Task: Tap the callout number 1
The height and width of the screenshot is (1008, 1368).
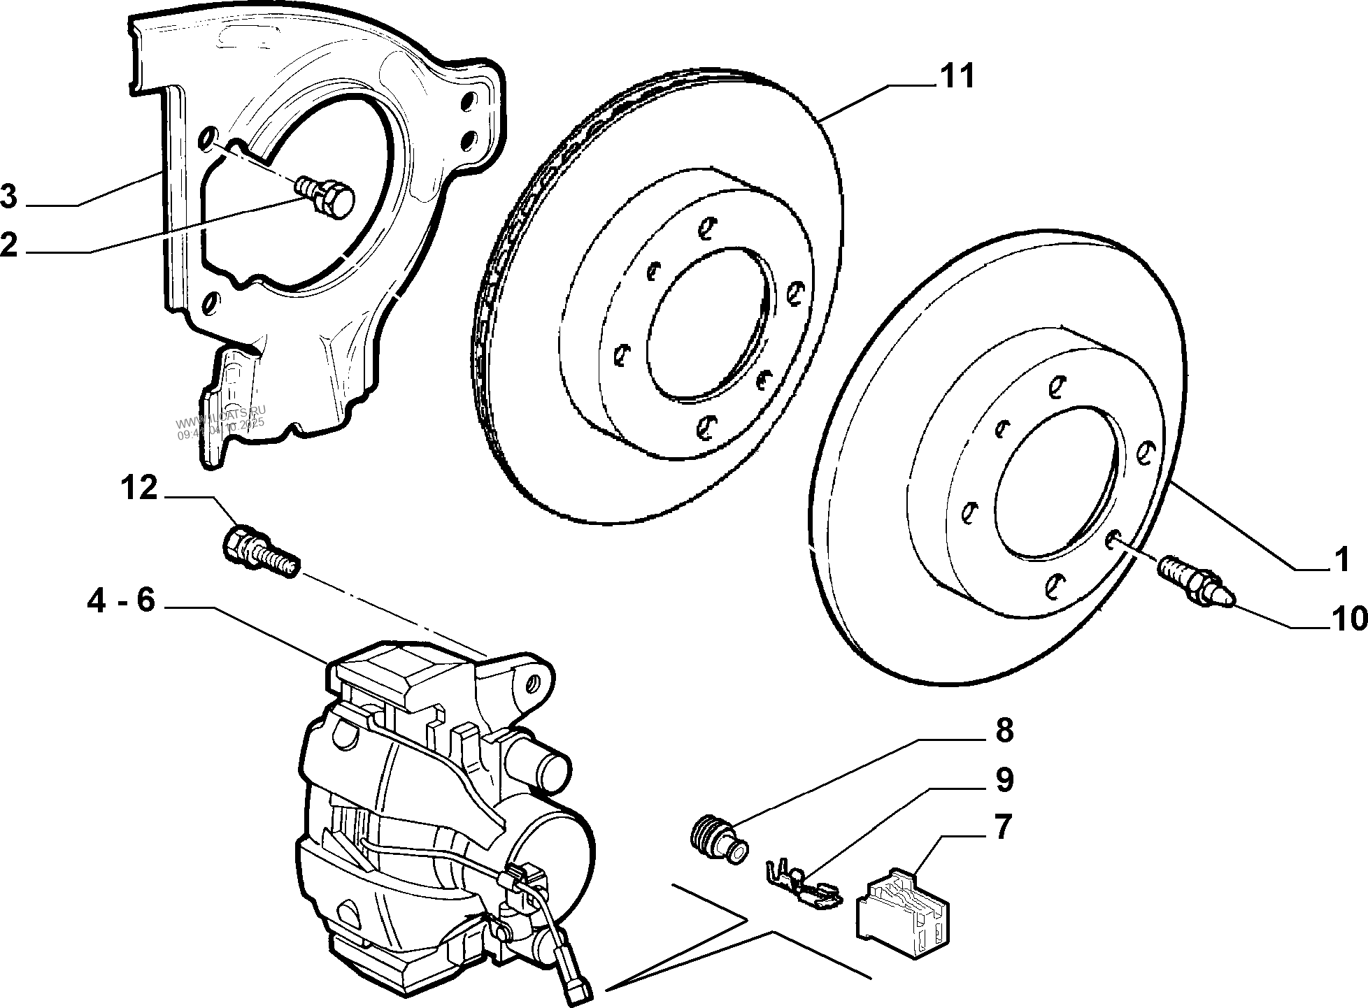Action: click(1340, 560)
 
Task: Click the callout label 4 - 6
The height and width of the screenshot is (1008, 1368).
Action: click(120, 600)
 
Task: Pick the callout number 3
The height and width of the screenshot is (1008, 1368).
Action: click(8, 196)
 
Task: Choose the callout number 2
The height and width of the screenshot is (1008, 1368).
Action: click(8, 245)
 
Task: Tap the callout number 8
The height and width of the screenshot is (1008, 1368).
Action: click(1003, 731)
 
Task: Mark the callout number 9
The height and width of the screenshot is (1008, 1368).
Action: click(1004, 779)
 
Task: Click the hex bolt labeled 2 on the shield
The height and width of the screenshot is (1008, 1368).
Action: click(328, 198)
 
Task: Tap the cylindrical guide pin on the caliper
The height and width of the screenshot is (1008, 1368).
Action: click(546, 768)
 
